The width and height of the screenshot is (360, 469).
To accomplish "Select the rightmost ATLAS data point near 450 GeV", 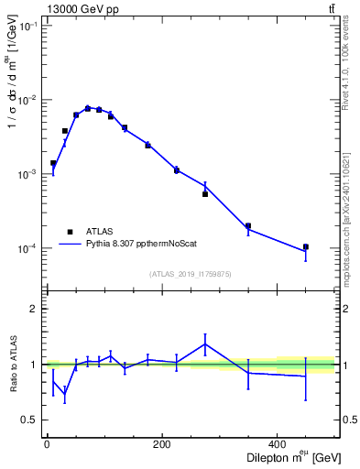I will (x=306, y=246).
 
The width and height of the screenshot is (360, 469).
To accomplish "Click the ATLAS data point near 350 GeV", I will (x=248, y=225).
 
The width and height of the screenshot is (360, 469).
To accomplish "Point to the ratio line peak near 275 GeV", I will (x=205, y=344).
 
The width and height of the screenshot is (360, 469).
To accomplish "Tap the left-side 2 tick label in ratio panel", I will (x=33, y=309).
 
